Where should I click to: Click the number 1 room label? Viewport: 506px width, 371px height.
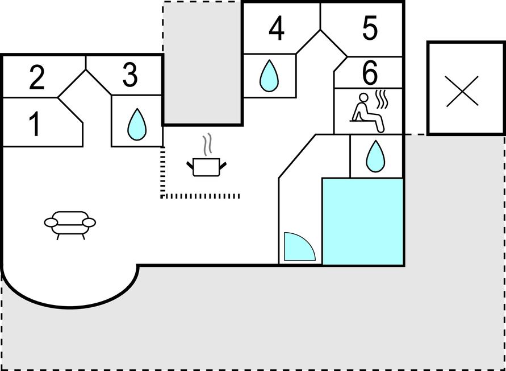tap(35, 124)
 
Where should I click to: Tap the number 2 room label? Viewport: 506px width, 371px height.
tap(36, 78)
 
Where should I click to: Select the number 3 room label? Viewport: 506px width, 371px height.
tap(130, 76)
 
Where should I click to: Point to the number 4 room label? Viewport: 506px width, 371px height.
tap(277, 30)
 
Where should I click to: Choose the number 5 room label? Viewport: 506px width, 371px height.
tap(370, 28)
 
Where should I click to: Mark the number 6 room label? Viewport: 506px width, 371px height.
tap(370, 72)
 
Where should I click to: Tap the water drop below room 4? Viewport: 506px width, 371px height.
tap(269, 76)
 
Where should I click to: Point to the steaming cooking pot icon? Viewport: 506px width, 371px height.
tap(206, 166)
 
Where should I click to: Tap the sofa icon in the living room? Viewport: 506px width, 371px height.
tap(70, 223)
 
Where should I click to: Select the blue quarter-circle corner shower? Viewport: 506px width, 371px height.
tap(298, 248)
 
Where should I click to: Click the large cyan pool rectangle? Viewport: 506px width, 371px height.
tap(362, 221)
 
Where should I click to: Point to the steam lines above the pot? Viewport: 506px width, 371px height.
tap(208, 144)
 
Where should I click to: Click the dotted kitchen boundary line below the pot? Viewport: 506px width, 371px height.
tap(200, 196)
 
